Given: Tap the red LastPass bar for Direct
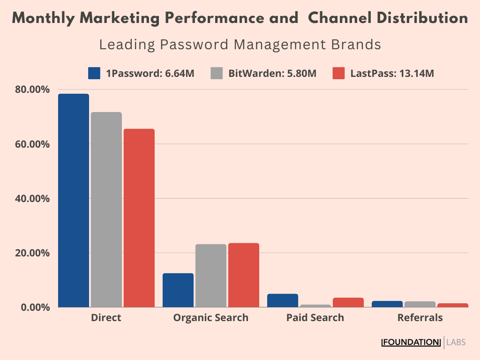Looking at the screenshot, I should click(x=139, y=218).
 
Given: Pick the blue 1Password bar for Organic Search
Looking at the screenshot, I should click(x=178, y=290).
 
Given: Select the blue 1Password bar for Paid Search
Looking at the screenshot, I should click(x=283, y=300).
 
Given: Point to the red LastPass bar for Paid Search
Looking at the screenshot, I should click(x=348, y=302).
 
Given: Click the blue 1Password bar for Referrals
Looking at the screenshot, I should click(x=387, y=304).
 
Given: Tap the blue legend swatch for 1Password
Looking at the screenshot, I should click(x=94, y=74).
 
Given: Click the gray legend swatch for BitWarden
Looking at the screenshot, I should click(x=216, y=74).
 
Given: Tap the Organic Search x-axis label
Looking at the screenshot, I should click(x=211, y=318).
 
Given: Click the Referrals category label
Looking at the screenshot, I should click(x=420, y=318).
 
